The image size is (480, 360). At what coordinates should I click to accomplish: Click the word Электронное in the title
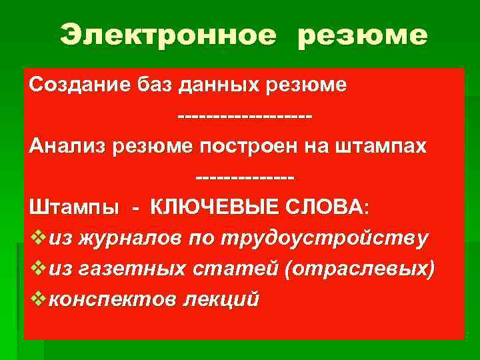[167, 35]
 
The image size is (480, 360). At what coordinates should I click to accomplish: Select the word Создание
[71, 86]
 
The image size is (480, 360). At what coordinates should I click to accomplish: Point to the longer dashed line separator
[245, 117]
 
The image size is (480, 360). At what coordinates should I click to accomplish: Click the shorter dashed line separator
[245, 177]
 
